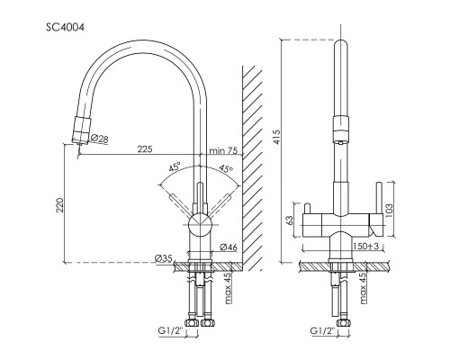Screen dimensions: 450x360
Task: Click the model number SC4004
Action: click(x=65, y=28)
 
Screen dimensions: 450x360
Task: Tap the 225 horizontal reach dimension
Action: click(x=145, y=148)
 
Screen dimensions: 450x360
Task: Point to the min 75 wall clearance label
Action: click(x=223, y=150)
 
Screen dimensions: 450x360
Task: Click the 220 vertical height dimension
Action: click(x=60, y=205)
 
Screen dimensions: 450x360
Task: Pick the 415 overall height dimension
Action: click(x=276, y=137)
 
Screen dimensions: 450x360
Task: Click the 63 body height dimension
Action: click(x=290, y=220)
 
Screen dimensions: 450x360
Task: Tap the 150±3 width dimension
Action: click(x=366, y=247)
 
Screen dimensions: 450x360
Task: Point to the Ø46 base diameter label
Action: click(x=229, y=247)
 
